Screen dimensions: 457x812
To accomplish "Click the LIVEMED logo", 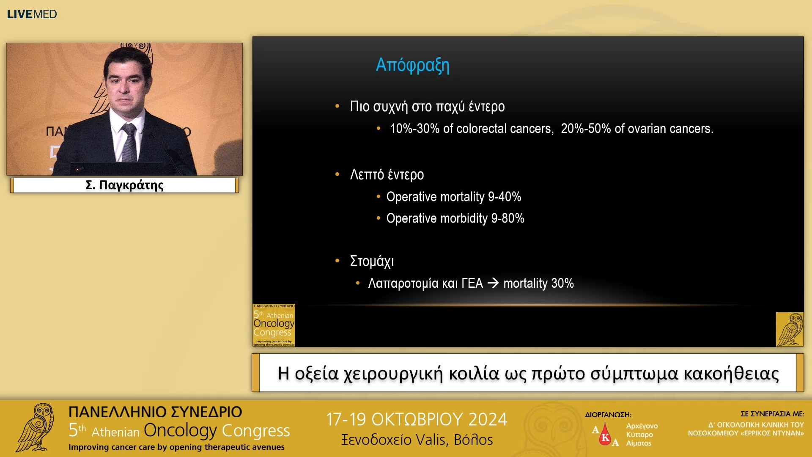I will (32, 14).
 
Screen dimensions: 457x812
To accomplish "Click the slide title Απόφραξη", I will (412, 65).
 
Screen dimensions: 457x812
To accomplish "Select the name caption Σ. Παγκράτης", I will (124, 185).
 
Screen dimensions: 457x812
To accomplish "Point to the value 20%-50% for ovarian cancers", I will (586, 129).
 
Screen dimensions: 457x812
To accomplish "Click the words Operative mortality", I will (435, 197).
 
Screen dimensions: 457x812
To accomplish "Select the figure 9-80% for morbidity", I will (507, 218).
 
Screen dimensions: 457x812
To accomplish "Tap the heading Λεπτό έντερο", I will (387, 175).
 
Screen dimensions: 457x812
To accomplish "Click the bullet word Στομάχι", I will (372, 261).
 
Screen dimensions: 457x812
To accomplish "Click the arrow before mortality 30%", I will (493, 283).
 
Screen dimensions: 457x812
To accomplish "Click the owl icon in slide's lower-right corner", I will (789, 329).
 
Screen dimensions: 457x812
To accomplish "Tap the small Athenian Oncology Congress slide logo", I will (274, 325).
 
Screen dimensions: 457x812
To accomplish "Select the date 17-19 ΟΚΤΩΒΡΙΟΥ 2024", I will (416, 419).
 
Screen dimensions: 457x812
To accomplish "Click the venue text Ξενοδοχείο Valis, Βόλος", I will (417, 440).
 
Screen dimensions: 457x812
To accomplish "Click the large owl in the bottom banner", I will (36, 427).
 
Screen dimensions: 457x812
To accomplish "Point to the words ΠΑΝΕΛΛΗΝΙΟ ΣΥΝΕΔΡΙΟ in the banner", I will (155, 412).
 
